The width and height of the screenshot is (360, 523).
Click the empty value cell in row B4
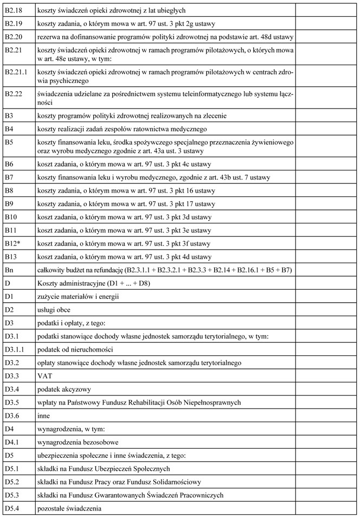(x=326, y=128)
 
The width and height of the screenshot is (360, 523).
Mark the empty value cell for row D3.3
(x=326, y=375)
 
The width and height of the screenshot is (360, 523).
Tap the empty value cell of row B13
(x=326, y=257)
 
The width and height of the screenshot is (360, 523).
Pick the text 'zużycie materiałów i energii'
(x=78, y=296)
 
